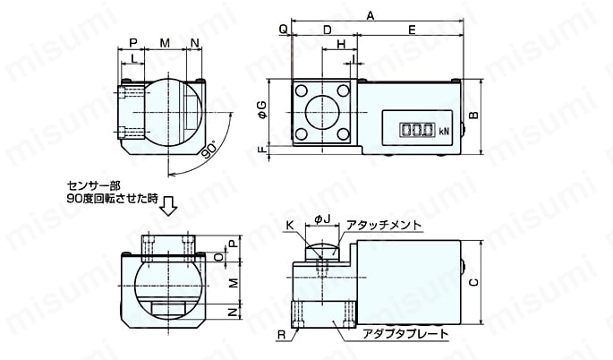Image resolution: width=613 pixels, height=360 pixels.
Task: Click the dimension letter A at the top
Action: pyautogui.click(x=370, y=15)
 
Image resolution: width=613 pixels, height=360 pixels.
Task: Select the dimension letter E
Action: pyautogui.click(x=412, y=30)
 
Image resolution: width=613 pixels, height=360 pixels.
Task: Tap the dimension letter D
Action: pyautogui.click(x=328, y=30)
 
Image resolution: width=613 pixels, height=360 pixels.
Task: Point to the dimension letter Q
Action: pyautogui.click(x=284, y=30)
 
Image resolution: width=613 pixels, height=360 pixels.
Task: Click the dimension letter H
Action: pyautogui.click(x=341, y=44)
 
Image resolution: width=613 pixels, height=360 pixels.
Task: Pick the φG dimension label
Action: pyautogui.click(x=262, y=110)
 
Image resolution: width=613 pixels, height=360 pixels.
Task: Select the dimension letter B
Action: pyautogui.click(x=473, y=115)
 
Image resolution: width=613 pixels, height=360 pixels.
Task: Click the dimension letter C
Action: pyautogui.click(x=473, y=282)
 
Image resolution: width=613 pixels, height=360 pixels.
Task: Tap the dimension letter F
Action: pyautogui.click(x=262, y=149)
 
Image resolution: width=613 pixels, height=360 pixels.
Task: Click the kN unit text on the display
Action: pyautogui.click(x=444, y=132)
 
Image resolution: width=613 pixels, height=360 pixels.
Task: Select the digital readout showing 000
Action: pyautogui.click(x=417, y=130)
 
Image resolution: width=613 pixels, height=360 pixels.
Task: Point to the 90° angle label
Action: pyautogui.click(x=210, y=151)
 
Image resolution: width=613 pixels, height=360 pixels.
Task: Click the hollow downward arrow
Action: pyautogui.click(x=170, y=206)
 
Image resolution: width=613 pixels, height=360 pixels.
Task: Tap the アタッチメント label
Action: pyautogui.click(x=384, y=225)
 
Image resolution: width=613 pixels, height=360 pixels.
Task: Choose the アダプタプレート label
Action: pyautogui.click(x=405, y=334)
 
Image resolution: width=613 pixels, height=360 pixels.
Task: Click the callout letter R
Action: pyautogui.click(x=282, y=335)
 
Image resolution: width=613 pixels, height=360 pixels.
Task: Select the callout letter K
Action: pyautogui.click(x=289, y=225)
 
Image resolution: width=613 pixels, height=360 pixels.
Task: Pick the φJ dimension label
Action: pyautogui.click(x=322, y=220)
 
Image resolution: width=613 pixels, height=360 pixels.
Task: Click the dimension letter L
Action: pyautogui.click(x=133, y=58)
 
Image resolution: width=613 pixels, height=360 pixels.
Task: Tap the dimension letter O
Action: pyautogui.click(x=220, y=257)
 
